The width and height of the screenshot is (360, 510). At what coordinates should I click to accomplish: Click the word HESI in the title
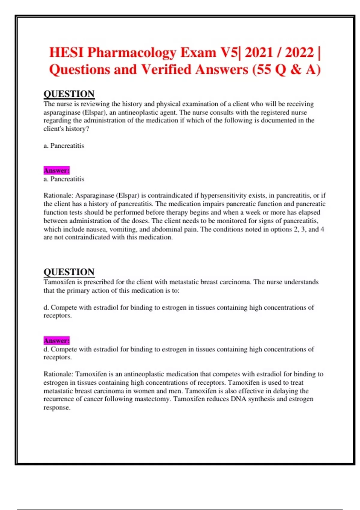pos(66,52)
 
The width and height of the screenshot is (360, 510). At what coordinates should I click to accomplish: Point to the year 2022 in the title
pos(299,52)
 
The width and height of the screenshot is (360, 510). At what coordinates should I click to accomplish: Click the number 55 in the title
pos(264,70)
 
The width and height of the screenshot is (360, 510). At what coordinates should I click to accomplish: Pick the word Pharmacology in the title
pos(132,53)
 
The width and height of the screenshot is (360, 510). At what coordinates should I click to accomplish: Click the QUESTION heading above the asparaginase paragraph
pos(69,94)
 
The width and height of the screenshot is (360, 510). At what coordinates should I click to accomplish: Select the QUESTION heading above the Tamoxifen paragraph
pos(69,272)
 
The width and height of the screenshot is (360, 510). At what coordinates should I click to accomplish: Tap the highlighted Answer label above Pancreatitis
pos(56,170)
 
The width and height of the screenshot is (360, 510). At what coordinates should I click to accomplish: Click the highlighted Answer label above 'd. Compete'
pos(56,340)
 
